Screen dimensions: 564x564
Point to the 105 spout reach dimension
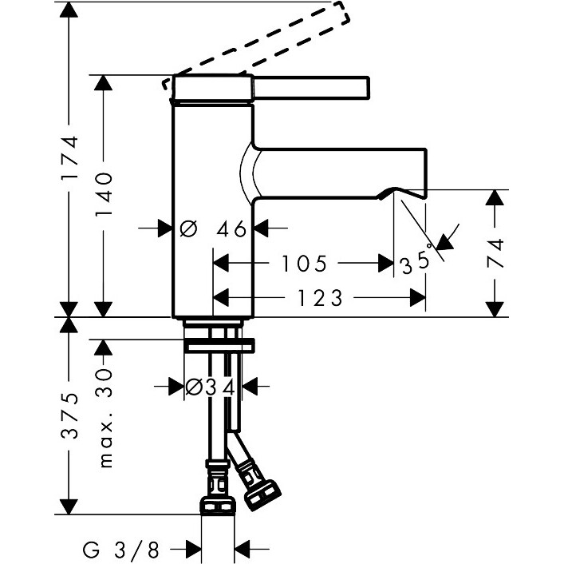[303, 263]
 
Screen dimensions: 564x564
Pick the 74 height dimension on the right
[495, 253]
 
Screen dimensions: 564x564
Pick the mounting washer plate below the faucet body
[219, 345]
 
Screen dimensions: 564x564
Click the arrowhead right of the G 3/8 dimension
[243, 549]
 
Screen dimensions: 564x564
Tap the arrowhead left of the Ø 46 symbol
[165, 229]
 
